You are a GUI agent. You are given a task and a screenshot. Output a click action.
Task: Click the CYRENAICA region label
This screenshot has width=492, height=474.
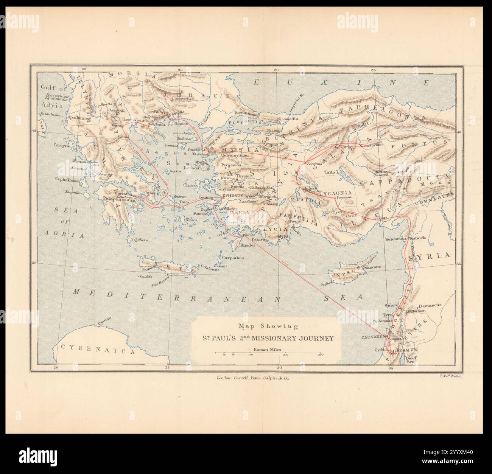(x=98, y=351)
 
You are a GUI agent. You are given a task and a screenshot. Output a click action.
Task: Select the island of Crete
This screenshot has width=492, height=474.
(x=168, y=267)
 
